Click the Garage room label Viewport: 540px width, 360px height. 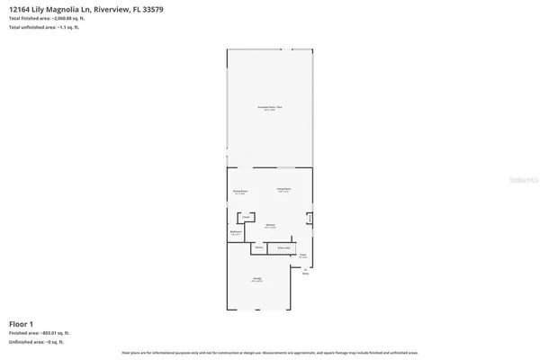click(256, 282)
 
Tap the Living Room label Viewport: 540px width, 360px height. click(283, 189)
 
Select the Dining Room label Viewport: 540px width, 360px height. click(240, 193)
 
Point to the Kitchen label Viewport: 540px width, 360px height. click(270, 225)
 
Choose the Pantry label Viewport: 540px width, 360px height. click(259, 247)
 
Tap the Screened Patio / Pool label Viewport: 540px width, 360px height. click(270, 107)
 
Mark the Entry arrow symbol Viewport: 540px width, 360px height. click(305, 268)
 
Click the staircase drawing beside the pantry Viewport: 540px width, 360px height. click(283, 247)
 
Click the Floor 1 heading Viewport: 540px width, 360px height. click(21, 323)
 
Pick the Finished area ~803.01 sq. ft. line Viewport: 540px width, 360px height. click(39, 333)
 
